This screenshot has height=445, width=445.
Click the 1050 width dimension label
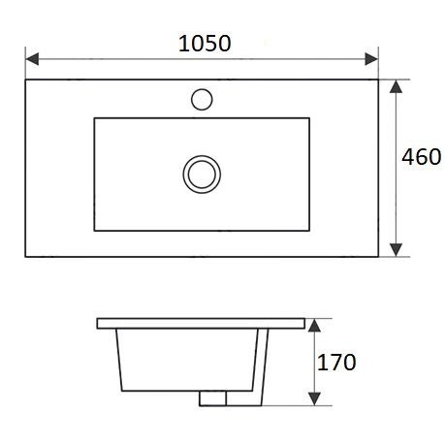[205, 43]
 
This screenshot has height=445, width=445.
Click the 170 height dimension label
[337, 363]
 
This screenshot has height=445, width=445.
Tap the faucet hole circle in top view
[203, 98]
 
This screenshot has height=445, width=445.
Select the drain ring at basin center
[202, 174]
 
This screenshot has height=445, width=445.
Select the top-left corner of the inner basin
[94, 118]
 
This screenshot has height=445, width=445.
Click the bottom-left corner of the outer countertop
[25, 257]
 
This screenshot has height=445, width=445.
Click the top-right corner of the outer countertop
[378, 79]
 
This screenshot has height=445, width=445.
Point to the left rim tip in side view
[98, 322]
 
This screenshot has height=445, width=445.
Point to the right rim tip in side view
[307, 322]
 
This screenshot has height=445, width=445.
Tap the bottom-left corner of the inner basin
[94, 231]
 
